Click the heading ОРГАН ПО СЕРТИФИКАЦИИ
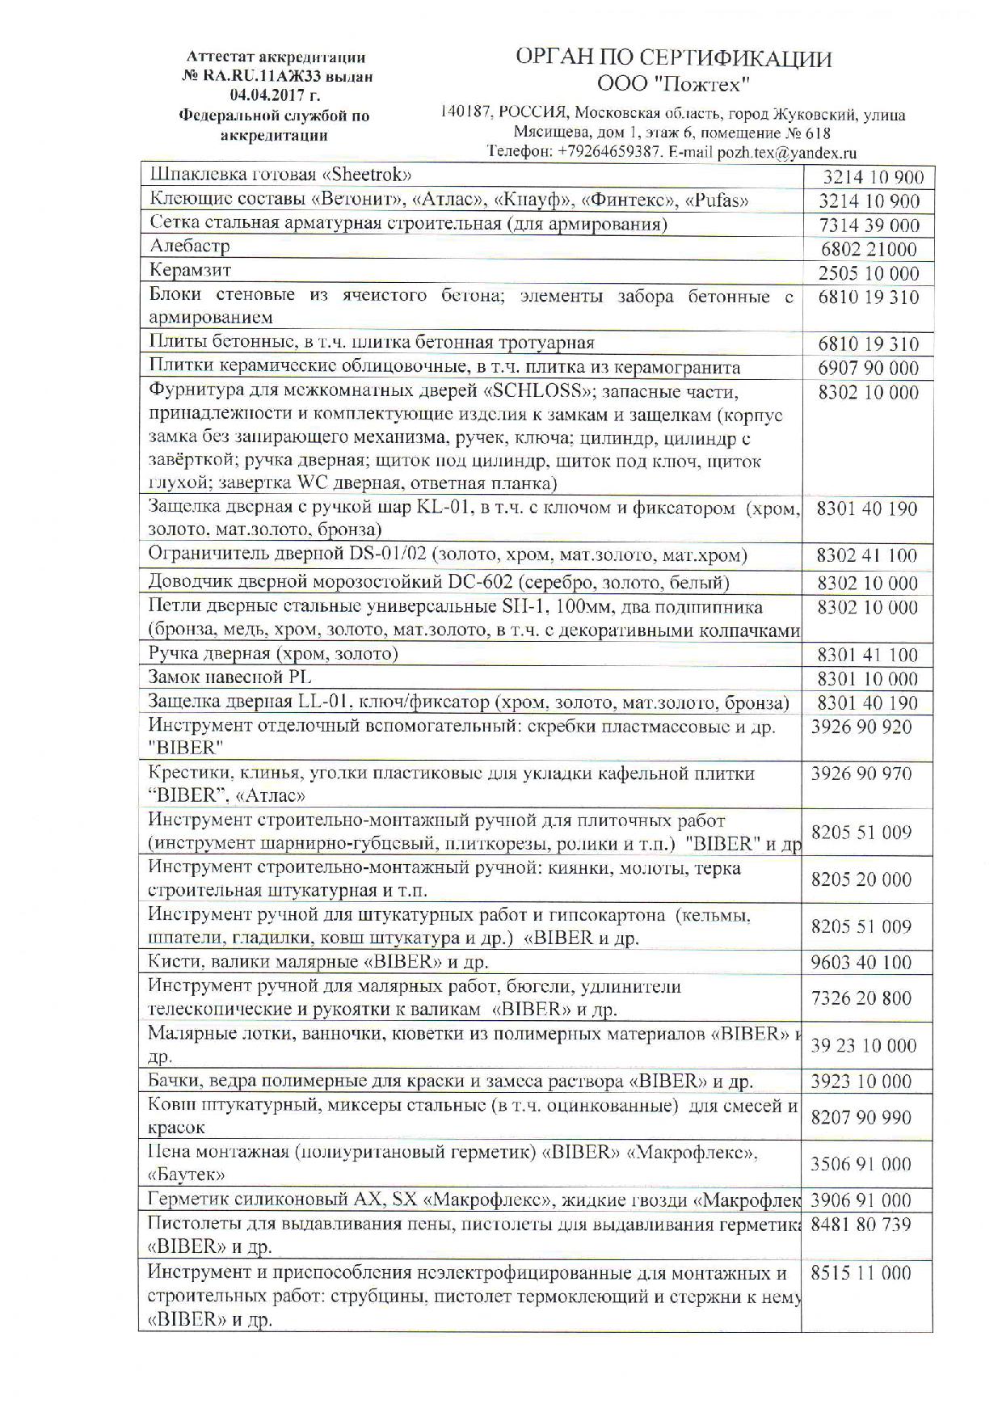tap(674, 59)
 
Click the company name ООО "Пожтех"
tap(674, 84)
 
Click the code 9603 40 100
tap(861, 963)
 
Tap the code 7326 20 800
tap(861, 998)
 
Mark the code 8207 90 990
tap(861, 1118)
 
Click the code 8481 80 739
tap(861, 1225)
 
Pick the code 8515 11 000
tap(861, 1273)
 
